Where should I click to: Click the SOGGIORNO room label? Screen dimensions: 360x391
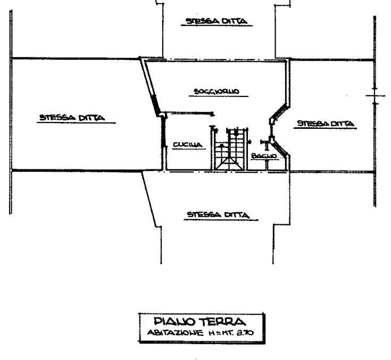click(215, 91)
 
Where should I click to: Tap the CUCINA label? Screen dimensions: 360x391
click(186, 144)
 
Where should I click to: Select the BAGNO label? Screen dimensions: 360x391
click(264, 155)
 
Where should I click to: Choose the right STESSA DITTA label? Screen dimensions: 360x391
click(326, 124)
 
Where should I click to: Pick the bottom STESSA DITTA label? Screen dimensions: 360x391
click(218, 215)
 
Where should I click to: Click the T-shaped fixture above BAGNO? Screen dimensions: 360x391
click(265, 143)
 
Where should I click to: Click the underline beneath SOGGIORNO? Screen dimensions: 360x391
click(215, 97)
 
